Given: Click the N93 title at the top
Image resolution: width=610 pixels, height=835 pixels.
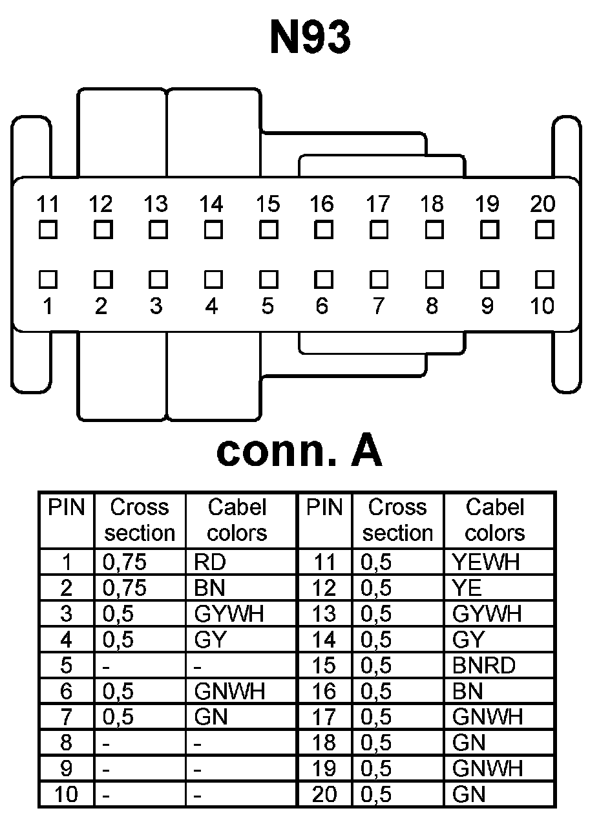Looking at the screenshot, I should (310, 37).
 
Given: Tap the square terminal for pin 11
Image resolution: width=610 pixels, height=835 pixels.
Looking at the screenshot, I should (47, 229).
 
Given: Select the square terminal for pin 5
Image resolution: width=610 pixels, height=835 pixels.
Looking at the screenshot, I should (268, 279).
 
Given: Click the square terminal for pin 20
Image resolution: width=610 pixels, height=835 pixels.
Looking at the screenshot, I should (545, 229).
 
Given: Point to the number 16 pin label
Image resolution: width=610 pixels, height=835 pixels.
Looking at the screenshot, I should (321, 204).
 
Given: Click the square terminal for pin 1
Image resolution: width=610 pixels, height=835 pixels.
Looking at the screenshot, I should (47, 279).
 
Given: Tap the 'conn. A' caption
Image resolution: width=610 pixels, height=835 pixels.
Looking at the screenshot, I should (299, 452).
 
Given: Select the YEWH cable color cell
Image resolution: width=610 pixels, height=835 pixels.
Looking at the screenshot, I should (487, 562).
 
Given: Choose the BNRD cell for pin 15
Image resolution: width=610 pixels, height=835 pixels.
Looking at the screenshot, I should (484, 665).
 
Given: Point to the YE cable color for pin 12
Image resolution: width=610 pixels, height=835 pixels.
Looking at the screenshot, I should (467, 588).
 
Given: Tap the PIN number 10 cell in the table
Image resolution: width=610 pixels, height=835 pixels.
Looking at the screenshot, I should (67, 794).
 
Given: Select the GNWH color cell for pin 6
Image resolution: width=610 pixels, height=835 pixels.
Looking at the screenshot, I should (229, 691).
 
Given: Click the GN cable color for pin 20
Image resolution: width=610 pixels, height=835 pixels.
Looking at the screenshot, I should (469, 794).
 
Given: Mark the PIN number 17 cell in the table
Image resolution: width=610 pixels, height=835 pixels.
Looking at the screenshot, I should (324, 717).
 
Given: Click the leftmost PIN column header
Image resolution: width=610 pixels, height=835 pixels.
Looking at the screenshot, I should (67, 508).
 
